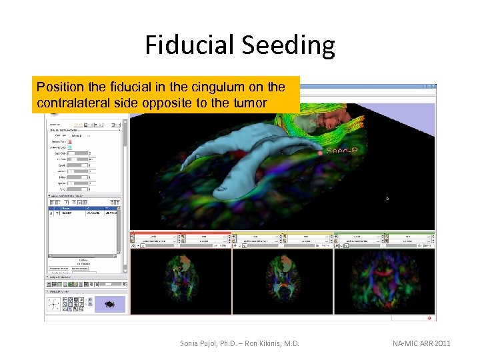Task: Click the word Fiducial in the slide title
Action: (x=191, y=45)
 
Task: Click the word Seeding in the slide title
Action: (x=289, y=45)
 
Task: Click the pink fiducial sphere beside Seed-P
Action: (x=321, y=153)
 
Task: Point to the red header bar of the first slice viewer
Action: (x=180, y=233)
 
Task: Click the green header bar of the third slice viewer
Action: (x=385, y=233)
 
